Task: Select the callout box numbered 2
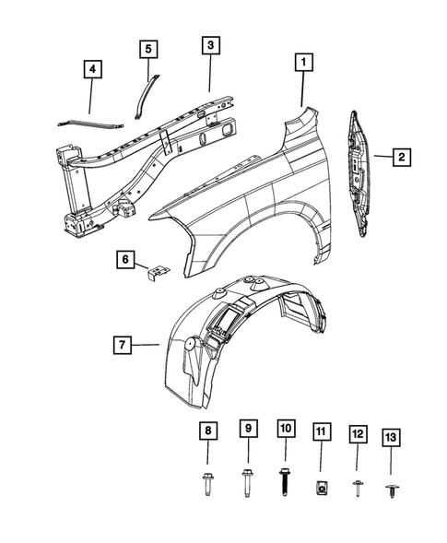(402, 158)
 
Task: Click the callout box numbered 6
(124, 260)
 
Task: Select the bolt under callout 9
(246, 484)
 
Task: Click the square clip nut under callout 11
(323, 485)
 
